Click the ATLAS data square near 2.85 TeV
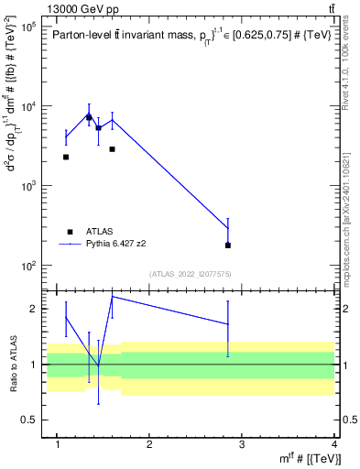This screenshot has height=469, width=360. coord(228,245)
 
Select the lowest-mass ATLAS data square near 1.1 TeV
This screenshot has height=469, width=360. coord(66,158)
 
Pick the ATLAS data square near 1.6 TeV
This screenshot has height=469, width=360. coord(112,149)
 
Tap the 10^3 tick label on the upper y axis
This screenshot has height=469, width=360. coord(29,186)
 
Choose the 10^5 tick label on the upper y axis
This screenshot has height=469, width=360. coord(29,27)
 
